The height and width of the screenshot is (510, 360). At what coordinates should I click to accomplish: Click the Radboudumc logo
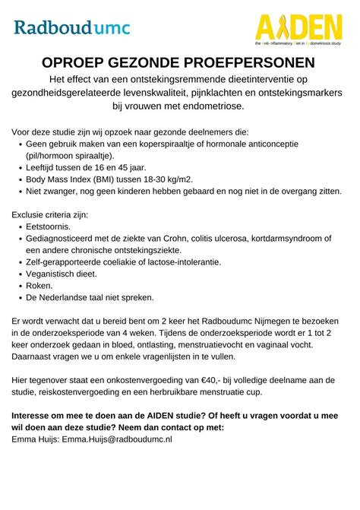(71, 28)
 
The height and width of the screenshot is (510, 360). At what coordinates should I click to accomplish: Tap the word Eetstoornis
(48, 226)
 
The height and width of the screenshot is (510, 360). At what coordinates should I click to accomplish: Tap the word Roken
(39, 285)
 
